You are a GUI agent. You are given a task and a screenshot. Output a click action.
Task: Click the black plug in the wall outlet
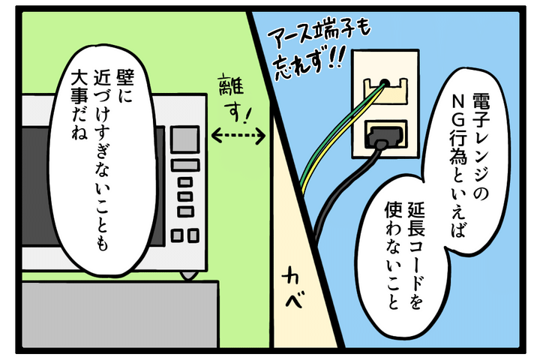point(382,136)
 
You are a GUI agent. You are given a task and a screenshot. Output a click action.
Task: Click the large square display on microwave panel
point(186,140)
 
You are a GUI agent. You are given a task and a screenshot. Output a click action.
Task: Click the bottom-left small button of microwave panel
point(178,235)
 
